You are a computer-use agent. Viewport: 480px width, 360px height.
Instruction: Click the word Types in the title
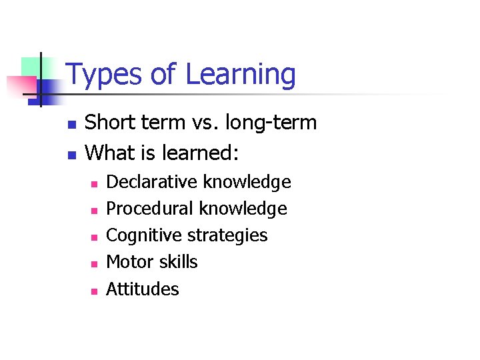(x=104, y=75)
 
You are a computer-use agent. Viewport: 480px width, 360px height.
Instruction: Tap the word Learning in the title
(x=240, y=75)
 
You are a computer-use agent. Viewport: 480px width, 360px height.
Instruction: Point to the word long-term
(x=271, y=123)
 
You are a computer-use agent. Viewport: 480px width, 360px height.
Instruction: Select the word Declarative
(x=153, y=182)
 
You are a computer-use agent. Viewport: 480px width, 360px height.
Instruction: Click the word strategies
(x=227, y=236)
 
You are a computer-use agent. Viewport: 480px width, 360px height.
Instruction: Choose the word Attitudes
(x=143, y=289)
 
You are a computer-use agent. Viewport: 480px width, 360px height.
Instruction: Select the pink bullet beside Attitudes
(x=94, y=291)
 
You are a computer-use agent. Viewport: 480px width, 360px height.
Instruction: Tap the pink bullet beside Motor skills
(x=94, y=264)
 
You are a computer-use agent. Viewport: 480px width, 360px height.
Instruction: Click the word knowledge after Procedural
(x=245, y=209)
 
